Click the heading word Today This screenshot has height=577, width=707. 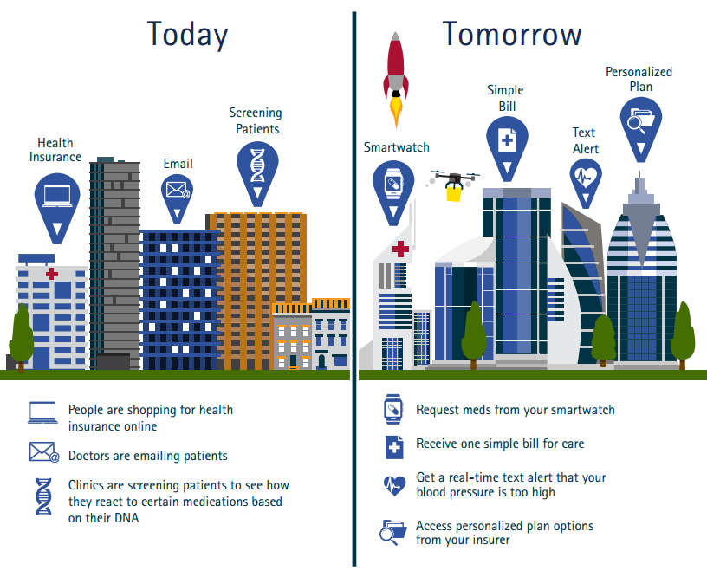click(x=187, y=35)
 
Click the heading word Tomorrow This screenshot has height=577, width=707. click(x=512, y=34)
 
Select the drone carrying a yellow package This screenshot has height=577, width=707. click(x=453, y=185)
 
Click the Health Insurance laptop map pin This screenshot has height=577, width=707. click(x=57, y=208)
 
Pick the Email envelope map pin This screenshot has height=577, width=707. click(x=178, y=198)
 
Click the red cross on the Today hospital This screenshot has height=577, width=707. click(x=52, y=273)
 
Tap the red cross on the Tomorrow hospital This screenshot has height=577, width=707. click(x=400, y=249)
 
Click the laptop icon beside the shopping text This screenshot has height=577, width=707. click(x=42, y=412)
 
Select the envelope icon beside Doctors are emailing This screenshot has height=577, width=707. click(x=44, y=452)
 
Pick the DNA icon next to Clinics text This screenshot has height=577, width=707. click(x=43, y=496)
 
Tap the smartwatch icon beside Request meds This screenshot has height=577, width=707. click(x=392, y=409)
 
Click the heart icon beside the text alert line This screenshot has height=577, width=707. click(x=394, y=486)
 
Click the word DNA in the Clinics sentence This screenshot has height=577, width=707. click(x=126, y=518)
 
